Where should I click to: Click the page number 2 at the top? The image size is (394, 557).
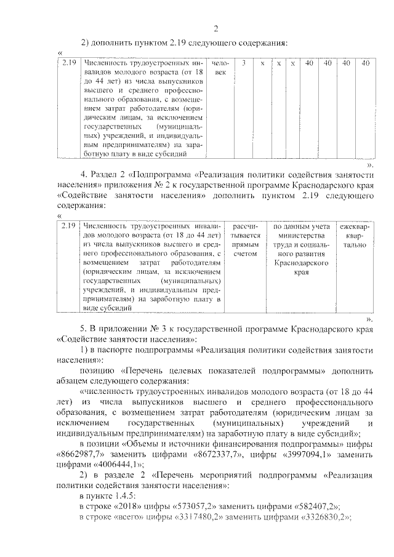tap(215, 28)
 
